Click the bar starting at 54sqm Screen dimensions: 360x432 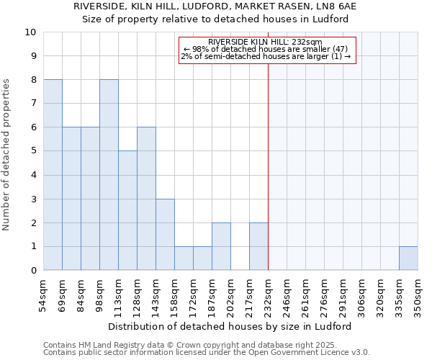click(53, 175)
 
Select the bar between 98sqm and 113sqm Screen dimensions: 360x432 click(109, 175)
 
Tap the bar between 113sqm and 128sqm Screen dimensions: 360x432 click(127, 210)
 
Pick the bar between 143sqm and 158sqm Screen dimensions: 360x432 click(165, 235)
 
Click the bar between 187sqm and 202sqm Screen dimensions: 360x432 click(221, 246)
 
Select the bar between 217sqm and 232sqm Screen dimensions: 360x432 click(258, 246)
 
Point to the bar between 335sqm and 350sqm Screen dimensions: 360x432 click(408, 258)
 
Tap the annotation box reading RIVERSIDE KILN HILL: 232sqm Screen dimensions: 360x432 click(266, 49)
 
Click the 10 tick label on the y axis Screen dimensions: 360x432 click(30, 32)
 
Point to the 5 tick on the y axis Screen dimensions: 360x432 click(33, 151)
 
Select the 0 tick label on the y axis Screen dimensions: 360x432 click(33, 271)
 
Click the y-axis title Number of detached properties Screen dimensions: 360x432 click(7, 151)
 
